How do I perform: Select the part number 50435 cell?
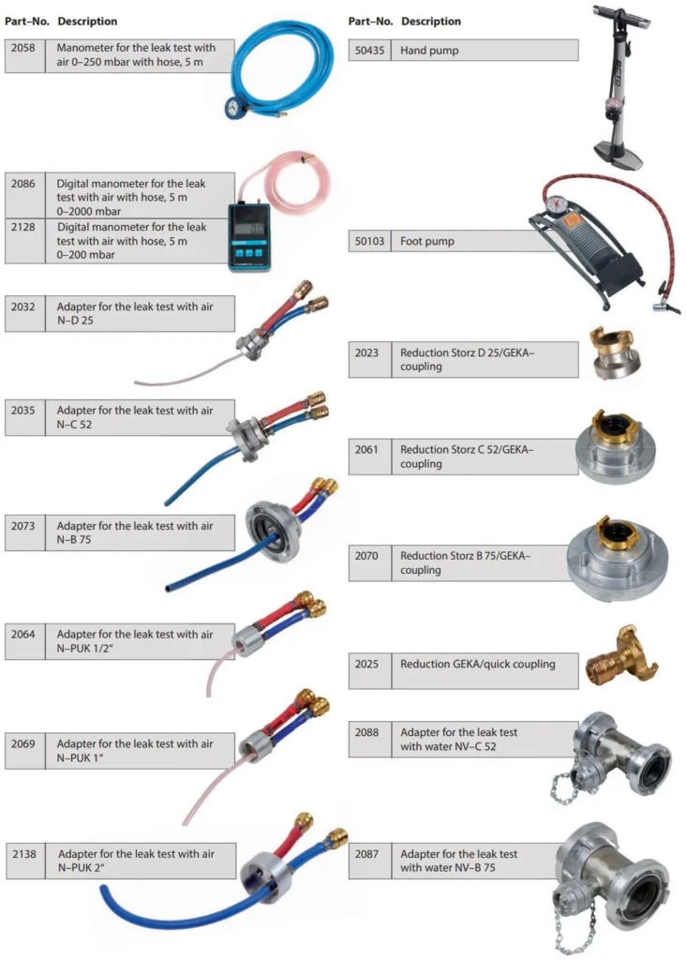(x=368, y=50)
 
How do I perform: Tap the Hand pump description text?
(x=429, y=50)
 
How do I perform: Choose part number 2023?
(x=366, y=353)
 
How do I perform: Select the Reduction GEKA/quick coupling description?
(x=477, y=664)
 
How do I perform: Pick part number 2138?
(x=25, y=854)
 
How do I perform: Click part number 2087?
(x=366, y=854)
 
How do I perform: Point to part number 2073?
(x=23, y=526)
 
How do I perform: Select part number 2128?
(x=23, y=226)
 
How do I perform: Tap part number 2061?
(x=366, y=449)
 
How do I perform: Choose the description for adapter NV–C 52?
(x=459, y=739)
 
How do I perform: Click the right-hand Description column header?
(x=431, y=21)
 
